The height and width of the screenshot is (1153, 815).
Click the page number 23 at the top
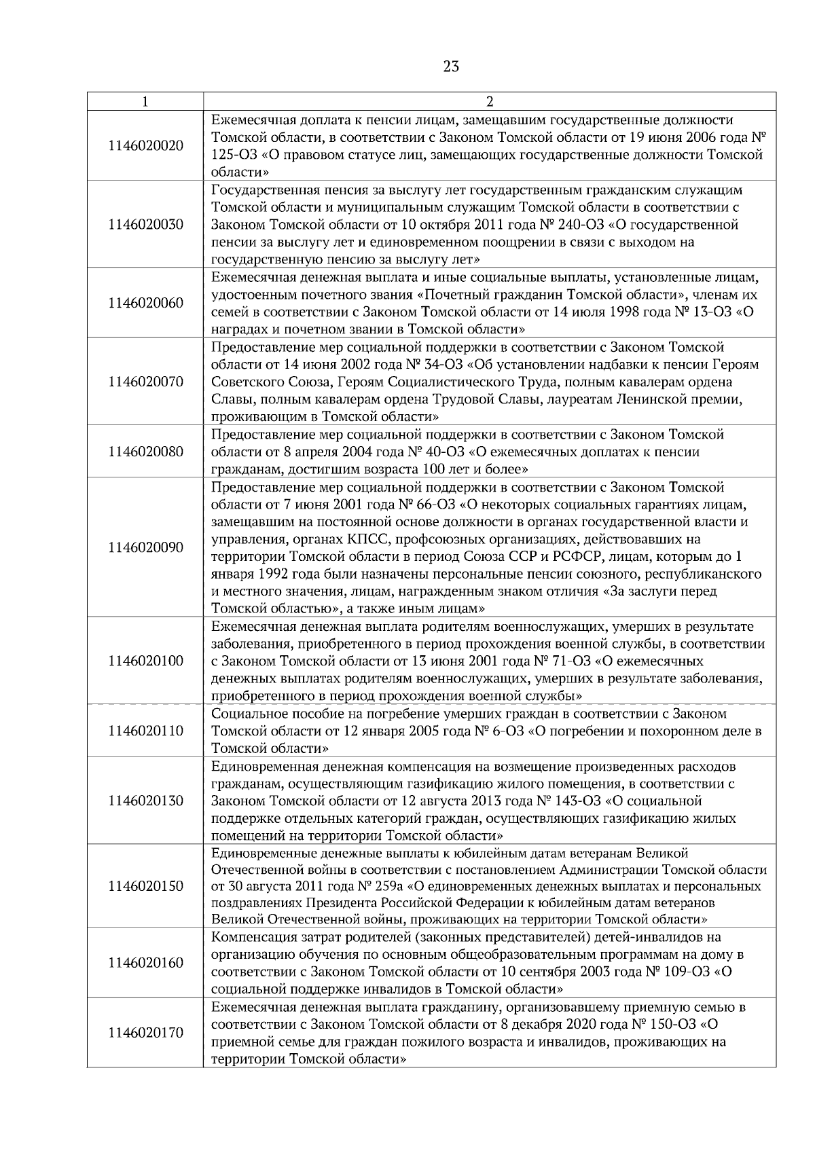click(x=451, y=67)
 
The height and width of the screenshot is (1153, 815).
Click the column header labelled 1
click(x=145, y=102)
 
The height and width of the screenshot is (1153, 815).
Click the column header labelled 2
click(x=490, y=102)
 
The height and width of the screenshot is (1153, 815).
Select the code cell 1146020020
click(x=145, y=146)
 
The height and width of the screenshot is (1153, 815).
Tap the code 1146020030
click(x=145, y=225)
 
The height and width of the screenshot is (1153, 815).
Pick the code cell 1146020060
click(x=145, y=303)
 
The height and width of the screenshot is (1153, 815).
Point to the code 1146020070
click(x=145, y=382)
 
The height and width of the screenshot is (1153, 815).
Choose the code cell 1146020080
click(x=145, y=452)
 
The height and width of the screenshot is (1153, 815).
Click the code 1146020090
click(x=145, y=547)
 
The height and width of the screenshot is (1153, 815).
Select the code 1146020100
click(x=145, y=661)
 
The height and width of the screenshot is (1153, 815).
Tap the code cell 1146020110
click(x=145, y=731)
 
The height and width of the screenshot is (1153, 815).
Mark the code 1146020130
click(x=145, y=801)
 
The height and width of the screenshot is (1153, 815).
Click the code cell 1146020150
click(x=145, y=886)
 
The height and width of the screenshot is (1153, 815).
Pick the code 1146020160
click(x=145, y=963)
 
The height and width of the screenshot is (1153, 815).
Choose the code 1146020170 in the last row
click(x=145, y=1033)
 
